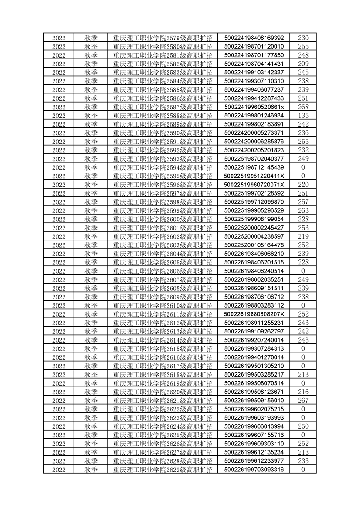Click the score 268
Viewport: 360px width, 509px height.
click(303, 107)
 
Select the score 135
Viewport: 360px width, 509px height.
click(303, 115)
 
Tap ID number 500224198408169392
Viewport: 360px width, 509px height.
click(254, 38)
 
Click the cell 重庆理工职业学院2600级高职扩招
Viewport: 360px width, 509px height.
click(163, 219)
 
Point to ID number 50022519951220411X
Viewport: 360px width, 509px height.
click(254, 176)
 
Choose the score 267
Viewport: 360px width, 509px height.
click(303, 400)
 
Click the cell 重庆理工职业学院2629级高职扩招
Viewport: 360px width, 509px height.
click(163, 469)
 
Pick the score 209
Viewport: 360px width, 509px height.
click(303, 64)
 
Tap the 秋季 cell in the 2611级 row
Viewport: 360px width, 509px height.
click(91, 314)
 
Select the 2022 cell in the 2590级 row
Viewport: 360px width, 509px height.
click(59, 132)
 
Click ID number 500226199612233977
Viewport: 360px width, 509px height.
click(254, 460)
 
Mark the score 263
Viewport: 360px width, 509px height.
click(303, 210)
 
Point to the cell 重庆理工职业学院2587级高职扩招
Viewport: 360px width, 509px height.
click(163, 107)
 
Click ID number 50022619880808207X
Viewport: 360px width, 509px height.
click(254, 314)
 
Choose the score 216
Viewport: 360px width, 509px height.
click(303, 392)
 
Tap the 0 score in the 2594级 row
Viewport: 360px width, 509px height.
click(303, 167)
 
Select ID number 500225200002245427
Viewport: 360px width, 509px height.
click(254, 227)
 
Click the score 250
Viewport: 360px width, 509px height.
click(303, 426)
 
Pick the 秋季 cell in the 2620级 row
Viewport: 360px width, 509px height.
click(91, 392)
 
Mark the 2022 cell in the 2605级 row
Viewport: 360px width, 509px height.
click(59, 262)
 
